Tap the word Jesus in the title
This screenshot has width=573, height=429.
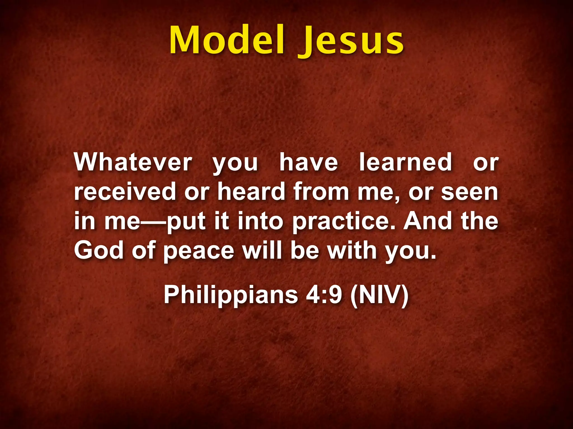point(350,42)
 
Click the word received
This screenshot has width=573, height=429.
point(125,192)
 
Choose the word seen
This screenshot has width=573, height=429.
point(470,192)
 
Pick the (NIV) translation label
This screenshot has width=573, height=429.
point(379,295)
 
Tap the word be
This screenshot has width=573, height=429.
point(305,250)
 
